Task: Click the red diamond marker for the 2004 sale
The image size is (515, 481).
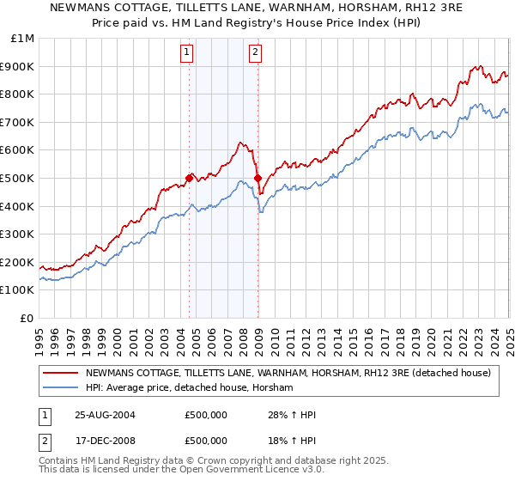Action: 190,178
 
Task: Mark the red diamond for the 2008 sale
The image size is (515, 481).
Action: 257,178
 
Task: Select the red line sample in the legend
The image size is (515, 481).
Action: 62,373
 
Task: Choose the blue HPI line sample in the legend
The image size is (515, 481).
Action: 62,388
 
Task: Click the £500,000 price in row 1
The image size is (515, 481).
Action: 206,416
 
